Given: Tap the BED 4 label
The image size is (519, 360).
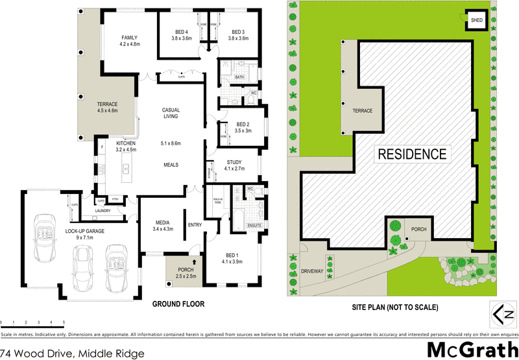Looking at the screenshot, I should click(x=182, y=32).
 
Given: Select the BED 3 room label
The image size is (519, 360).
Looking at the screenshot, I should click(x=238, y=32).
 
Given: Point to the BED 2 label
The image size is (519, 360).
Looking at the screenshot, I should click(x=243, y=125).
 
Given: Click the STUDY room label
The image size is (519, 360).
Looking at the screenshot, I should click(x=234, y=162).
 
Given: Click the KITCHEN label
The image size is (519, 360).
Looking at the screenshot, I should click(x=125, y=143).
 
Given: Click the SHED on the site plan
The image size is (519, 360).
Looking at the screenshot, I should click(x=476, y=21).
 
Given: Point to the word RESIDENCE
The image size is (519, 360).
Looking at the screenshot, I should click(x=412, y=154).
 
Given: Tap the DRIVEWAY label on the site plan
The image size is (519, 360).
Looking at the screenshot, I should click(x=312, y=271).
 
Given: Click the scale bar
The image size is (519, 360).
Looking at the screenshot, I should click(x=32, y=322).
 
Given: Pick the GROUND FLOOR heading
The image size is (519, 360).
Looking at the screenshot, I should click(x=178, y=304).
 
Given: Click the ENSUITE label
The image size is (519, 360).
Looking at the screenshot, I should click(x=254, y=225).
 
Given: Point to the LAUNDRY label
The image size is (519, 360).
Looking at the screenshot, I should click(x=103, y=210).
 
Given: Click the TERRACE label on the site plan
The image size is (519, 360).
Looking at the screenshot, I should click(x=362, y=111).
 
